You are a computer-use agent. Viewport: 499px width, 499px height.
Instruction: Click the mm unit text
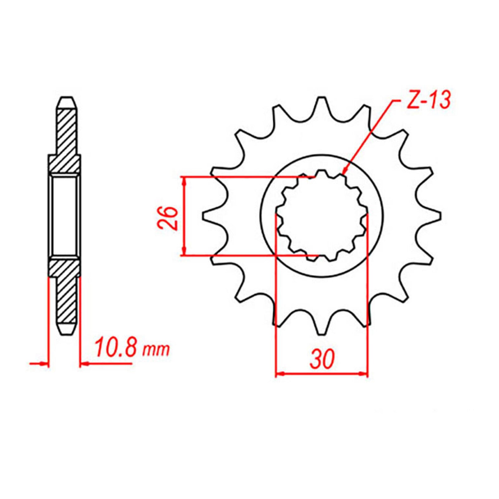[x=156, y=350]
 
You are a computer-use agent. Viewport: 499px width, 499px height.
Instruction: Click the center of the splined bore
[x=322, y=215]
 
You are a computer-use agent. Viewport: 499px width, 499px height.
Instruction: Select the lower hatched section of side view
[x=66, y=290]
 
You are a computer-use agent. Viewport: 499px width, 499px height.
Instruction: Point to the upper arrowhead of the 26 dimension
[x=185, y=180]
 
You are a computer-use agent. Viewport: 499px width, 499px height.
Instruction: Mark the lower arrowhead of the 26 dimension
[x=185, y=252]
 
